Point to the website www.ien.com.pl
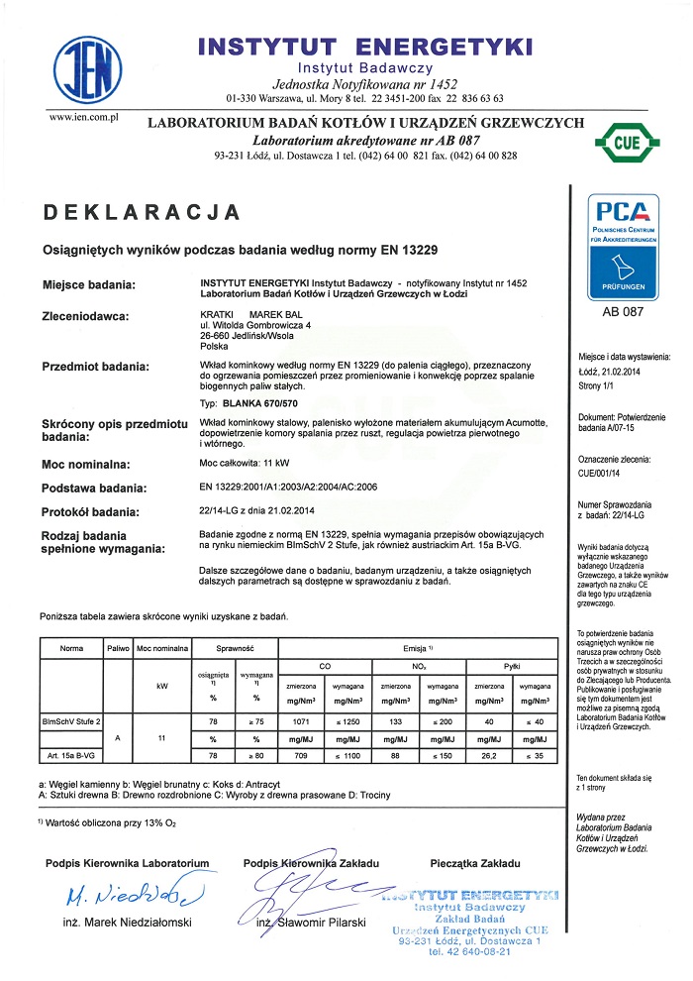pos(84,118)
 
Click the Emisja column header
pos(420,647)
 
